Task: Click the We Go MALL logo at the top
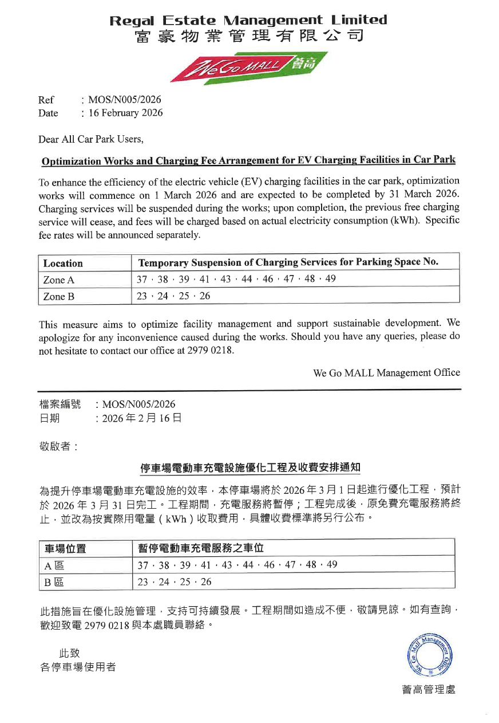[x=250, y=68]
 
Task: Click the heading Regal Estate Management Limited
[x=248, y=21]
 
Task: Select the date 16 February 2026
[x=125, y=113]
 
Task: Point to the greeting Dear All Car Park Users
[x=90, y=139]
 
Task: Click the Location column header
[x=63, y=264]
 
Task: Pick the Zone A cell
[x=59, y=280]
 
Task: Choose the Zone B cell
[x=59, y=297]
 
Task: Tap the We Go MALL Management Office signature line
[x=386, y=373]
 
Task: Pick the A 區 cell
[x=54, y=565]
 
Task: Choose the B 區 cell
[x=54, y=582]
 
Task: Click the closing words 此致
[x=69, y=653]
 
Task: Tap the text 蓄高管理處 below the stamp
[x=429, y=690]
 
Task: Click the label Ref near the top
[x=46, y=100]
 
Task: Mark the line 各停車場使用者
[x=78, y=667]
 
